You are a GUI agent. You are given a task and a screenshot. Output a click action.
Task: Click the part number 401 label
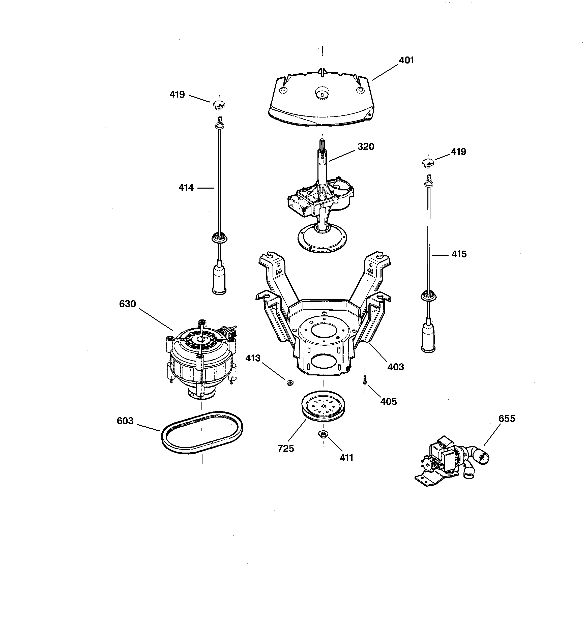(406, 60)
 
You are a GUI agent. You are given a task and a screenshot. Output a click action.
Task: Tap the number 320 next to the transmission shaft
(366, 146)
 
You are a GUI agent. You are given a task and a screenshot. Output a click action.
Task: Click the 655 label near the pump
(507, 419)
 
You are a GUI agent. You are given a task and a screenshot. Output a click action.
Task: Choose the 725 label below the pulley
(285, 449)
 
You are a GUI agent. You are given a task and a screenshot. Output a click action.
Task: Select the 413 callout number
(253, 358)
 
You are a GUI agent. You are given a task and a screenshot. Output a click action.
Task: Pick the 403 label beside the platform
(395, 367)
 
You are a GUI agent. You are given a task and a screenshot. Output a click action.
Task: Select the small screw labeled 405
(365, 380)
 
